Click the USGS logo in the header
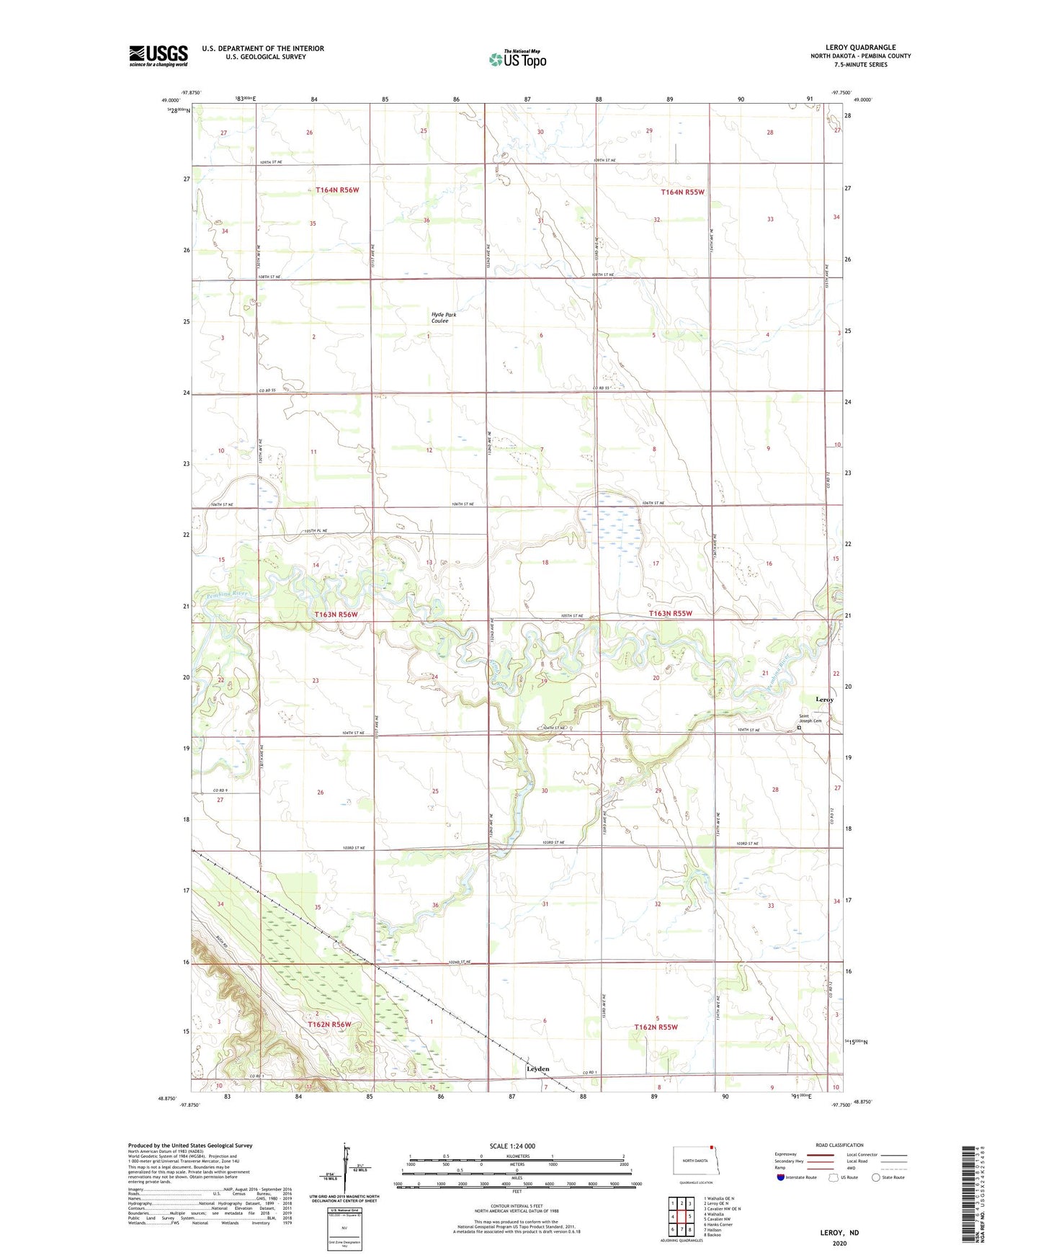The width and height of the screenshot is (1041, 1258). [158, 55]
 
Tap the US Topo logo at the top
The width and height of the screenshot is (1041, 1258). [517, 59]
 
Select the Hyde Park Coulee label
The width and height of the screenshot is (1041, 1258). [443, 318]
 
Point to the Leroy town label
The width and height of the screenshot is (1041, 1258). [824, 700]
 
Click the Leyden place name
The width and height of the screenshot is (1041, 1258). [537, 1069]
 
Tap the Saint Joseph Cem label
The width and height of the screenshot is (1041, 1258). [809, 718]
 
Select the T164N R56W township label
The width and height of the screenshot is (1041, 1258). [336, 190]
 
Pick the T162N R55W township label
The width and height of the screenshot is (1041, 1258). [656, 1027]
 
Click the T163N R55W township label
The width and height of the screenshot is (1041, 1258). [670, 614]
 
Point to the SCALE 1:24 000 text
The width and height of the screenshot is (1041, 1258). [512, 1146]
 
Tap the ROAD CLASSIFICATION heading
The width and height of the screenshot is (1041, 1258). [839, 1145]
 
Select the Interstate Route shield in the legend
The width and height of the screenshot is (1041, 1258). [780, 1177]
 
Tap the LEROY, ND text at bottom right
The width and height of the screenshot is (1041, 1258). [839, 1233]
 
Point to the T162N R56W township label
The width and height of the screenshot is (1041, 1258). [329, 1025]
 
